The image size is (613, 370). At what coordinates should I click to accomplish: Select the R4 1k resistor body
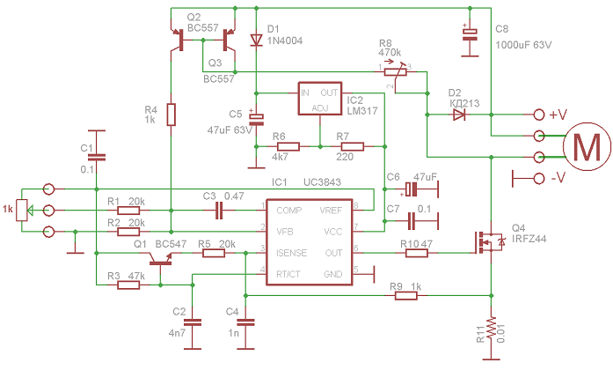171,115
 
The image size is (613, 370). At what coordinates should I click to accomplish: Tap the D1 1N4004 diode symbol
256,40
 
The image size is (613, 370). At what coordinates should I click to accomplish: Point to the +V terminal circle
539,115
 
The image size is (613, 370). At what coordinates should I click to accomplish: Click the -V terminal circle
539,179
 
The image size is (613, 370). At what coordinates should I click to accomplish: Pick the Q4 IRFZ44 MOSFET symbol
488,242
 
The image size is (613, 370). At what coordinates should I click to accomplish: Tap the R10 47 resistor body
416,253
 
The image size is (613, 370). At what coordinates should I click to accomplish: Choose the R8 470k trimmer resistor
396,72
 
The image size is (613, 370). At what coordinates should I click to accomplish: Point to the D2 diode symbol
458,115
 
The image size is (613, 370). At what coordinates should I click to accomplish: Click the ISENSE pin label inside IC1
291,253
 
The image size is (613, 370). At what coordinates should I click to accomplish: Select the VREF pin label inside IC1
331,211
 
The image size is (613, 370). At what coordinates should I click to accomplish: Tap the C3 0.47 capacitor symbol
219,211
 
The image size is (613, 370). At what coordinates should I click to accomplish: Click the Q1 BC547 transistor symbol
160,258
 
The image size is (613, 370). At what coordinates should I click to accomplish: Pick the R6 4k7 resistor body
288,146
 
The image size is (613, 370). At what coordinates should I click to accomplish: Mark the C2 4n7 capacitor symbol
193,322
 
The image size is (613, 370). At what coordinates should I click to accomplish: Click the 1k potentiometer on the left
22,211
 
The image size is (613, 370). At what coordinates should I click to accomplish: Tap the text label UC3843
322,182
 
